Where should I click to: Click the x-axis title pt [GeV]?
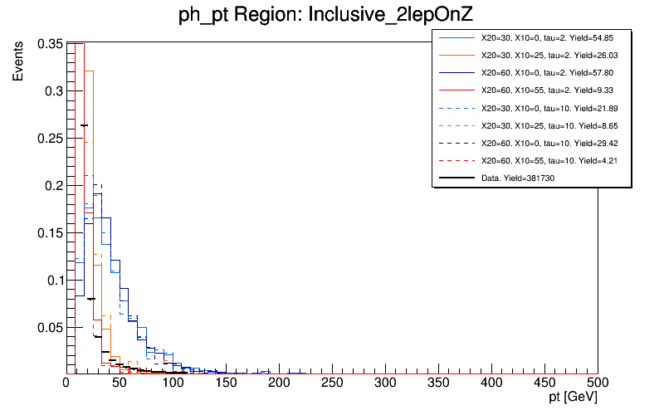568,399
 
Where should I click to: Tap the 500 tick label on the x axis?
598,383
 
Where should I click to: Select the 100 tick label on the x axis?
173,383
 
